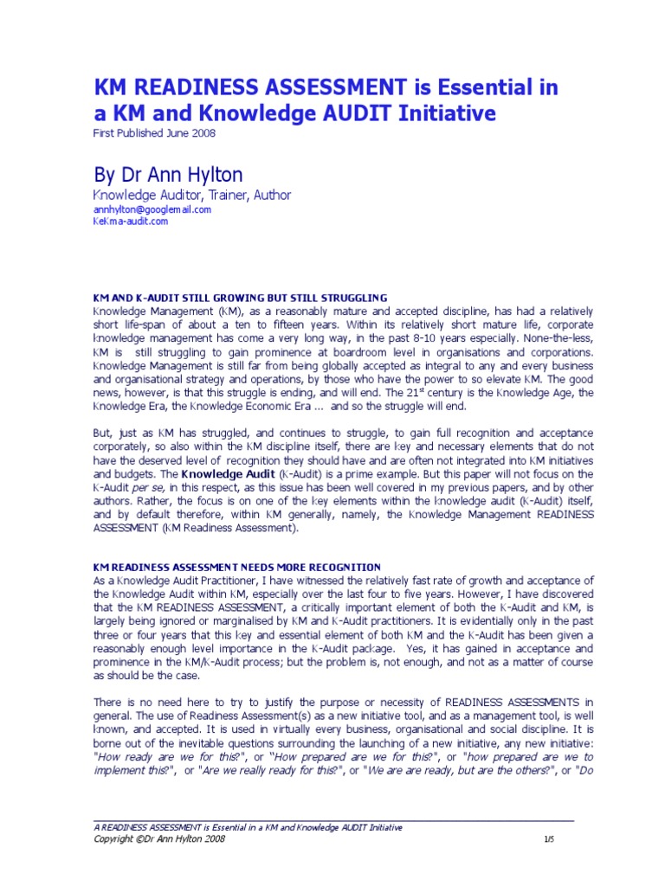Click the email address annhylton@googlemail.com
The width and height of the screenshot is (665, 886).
152,209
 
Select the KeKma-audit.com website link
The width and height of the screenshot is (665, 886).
130,221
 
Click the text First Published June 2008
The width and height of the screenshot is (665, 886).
154,132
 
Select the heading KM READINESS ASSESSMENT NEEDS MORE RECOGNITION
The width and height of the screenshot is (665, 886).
236,567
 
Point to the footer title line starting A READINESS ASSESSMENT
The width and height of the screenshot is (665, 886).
248,827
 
